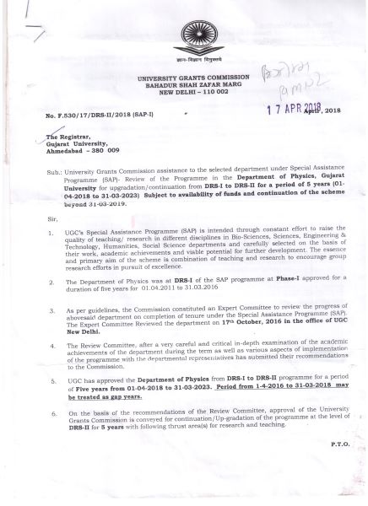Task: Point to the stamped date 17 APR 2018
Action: click(x=286, y=107)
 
